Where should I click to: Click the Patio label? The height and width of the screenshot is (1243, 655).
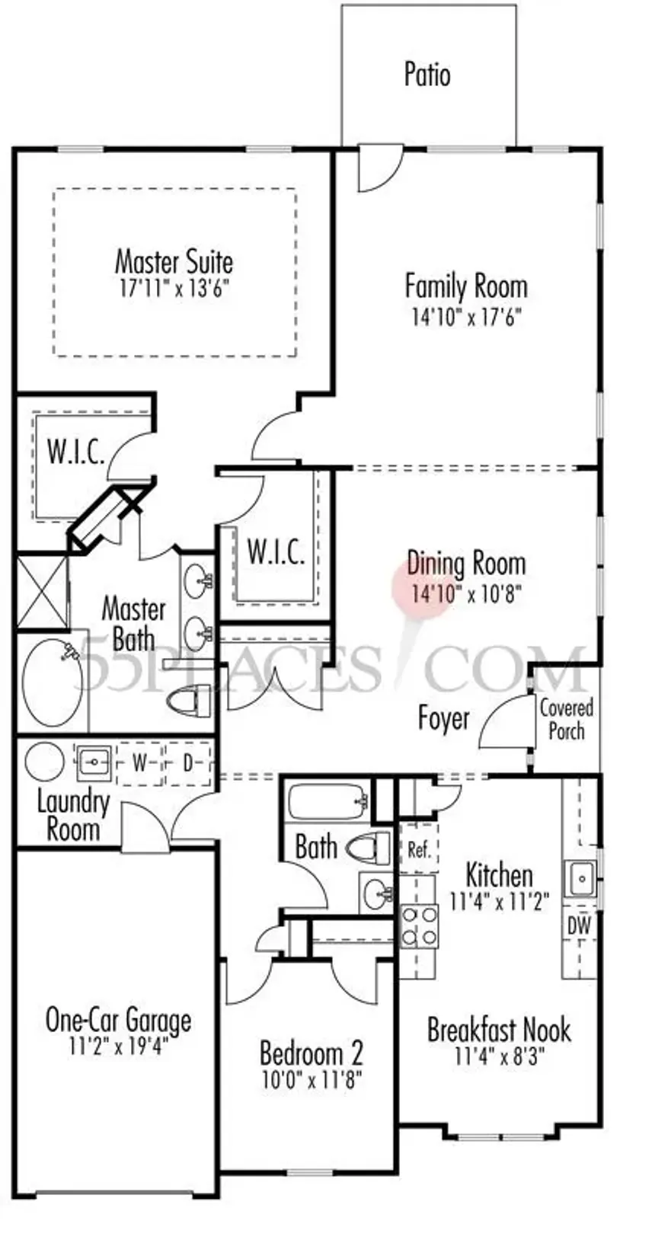(x=427, y=75)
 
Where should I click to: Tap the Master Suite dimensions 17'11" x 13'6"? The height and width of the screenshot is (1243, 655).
(x=174, y=289)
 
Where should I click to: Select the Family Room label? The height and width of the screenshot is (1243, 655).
(x=465, y=286)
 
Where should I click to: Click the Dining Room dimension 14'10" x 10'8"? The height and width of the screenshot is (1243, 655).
(x=465, y=594)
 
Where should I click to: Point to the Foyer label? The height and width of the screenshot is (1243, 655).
(x=443, y=718)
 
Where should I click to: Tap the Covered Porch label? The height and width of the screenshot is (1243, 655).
(x=566, y=719)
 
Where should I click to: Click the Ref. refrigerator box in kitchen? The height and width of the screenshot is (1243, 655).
(x=419, y=849)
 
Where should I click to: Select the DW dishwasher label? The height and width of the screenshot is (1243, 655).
(x=580, y=927)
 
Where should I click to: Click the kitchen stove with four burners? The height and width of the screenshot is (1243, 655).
(x=419, y=925)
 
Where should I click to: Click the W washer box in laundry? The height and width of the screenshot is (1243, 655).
(x=139, y=762)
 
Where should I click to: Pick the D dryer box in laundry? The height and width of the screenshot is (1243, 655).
(x=187, y=762)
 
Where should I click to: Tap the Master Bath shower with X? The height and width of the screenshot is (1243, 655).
(x=41, y=592)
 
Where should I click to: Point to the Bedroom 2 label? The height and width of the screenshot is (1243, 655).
(x=311, y=1053)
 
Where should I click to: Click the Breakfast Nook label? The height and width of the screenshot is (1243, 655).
(x=499, y=1030)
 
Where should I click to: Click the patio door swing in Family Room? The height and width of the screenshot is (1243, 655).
(x=377, y=171)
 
